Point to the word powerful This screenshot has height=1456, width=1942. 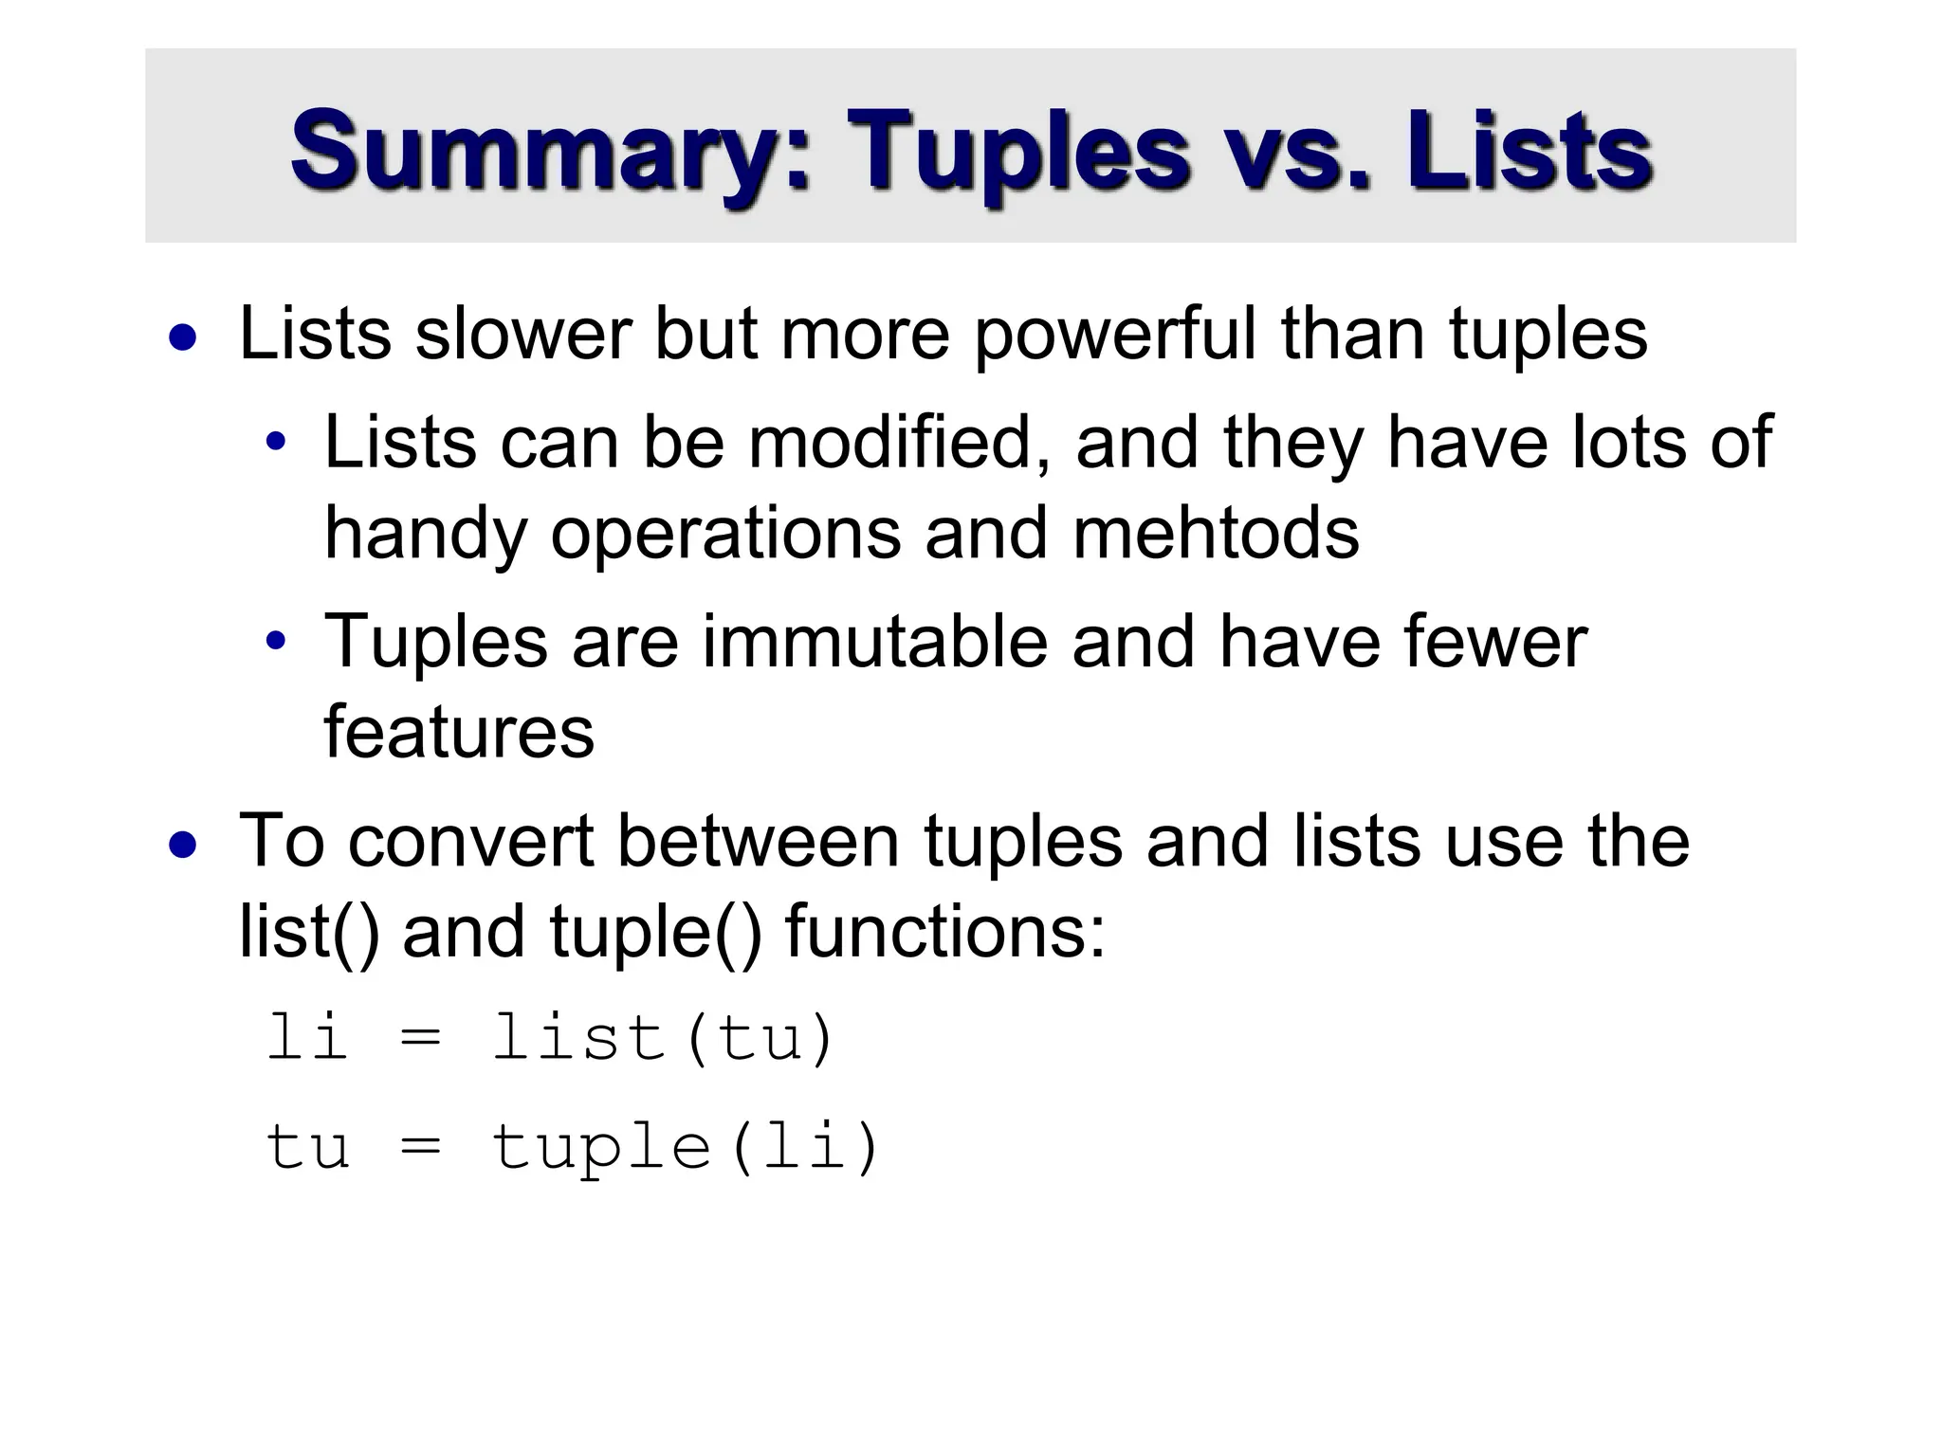point(1115,334)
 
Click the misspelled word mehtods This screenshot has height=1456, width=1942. point(1216,533)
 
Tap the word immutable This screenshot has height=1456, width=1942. point(875,642)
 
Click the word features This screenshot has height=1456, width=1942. point(459,732)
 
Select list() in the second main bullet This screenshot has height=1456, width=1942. point(309,931)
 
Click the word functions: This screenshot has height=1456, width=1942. point(945,931)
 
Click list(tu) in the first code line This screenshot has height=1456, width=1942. point(664,1038)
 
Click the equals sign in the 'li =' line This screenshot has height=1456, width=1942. point(420,1040)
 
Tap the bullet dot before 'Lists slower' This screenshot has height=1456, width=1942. point(183,338)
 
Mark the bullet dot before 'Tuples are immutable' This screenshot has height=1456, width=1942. point(276,642)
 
